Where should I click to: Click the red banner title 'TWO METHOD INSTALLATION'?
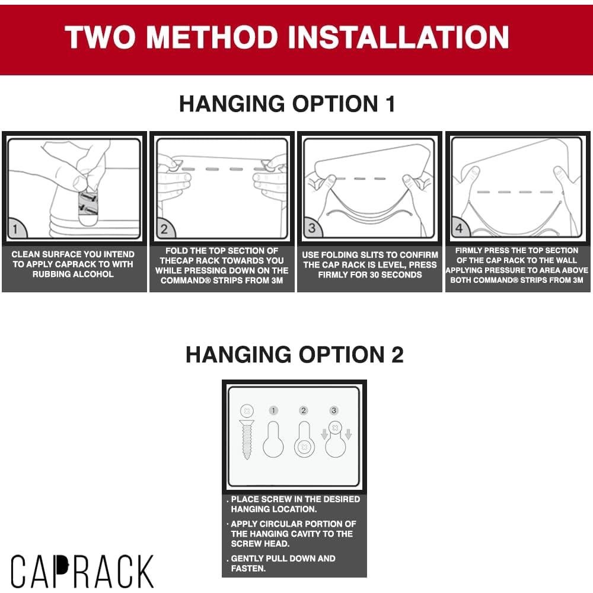point(287,37)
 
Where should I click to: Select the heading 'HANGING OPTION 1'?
point(287,104)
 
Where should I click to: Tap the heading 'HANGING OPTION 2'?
point(294,355)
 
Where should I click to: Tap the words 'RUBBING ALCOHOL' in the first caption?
point(73,275)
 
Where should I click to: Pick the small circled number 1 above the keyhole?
point(273,410)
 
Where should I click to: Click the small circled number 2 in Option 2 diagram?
point(304,410)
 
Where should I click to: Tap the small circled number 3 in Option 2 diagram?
point(334,410)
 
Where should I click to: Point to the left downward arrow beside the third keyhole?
point(324,435)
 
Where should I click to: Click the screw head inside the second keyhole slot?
point(304,446)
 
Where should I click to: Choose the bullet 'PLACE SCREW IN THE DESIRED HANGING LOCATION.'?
point(295,504)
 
